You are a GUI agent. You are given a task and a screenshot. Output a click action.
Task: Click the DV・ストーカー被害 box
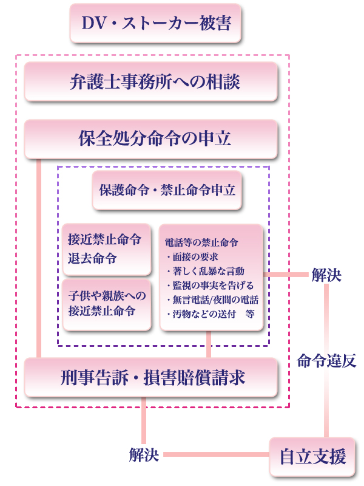coord(155,23)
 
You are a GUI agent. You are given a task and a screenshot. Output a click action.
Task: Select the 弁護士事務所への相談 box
coord(150,81)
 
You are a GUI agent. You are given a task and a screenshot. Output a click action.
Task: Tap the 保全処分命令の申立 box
coord(150,139)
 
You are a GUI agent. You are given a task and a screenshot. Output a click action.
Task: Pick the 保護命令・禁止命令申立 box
coord(167,190)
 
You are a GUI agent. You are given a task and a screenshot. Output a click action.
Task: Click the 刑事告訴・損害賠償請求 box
coord(150,377)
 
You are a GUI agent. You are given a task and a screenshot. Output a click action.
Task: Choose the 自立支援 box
coord(312,457)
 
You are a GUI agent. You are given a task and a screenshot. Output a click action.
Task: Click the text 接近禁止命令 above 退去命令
coord(104,239)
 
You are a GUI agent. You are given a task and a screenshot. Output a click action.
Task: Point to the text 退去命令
coord(92,258)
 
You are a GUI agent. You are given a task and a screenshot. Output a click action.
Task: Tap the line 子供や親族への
coord(107,296)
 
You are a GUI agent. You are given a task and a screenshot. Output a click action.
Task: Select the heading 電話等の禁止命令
coord(201,242)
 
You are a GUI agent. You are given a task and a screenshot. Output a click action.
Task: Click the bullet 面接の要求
coord(192,256)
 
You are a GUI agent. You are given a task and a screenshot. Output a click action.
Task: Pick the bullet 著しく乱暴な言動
coord(206,271)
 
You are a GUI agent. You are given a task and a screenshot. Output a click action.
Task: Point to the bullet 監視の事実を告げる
coord(210,285)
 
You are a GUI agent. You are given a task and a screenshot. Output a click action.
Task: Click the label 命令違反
coord(326,361)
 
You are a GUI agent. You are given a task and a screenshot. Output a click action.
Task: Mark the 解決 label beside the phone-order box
coord(326,275)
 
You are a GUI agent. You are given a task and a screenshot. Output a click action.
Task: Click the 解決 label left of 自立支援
coord(144,454)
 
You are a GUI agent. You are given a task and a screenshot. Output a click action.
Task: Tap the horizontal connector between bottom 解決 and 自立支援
coord(217,454)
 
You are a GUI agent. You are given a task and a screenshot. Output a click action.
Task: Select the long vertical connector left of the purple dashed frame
coord(39,259)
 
